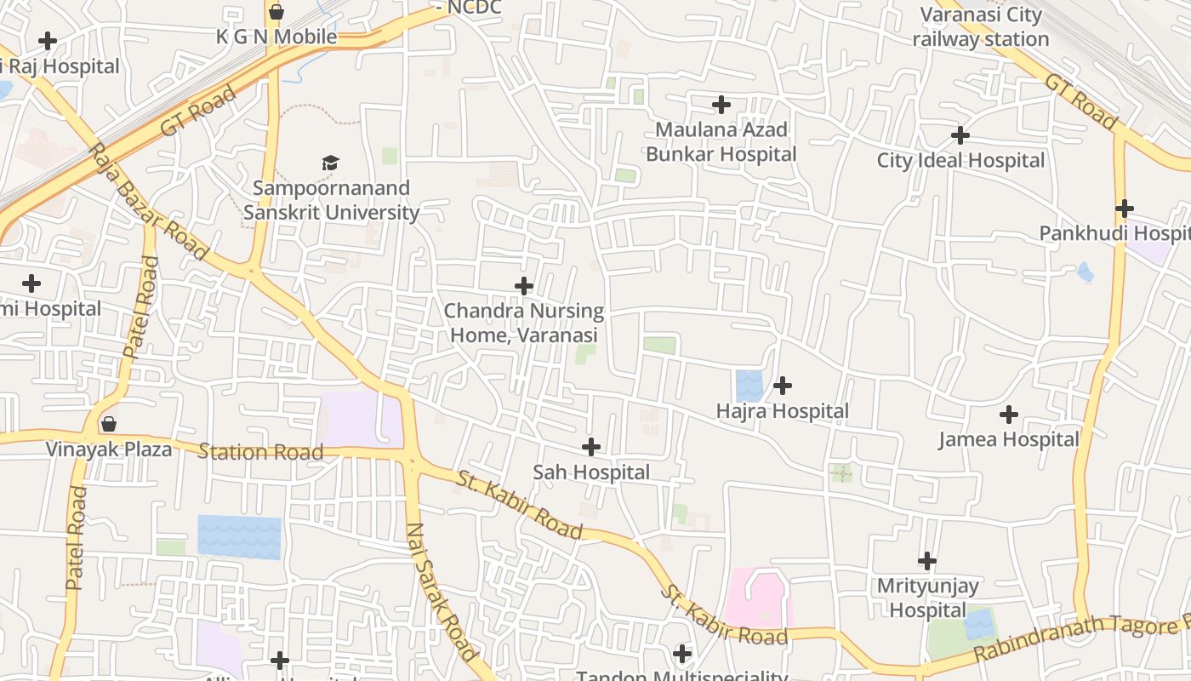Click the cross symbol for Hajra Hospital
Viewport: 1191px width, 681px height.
pos(782,386)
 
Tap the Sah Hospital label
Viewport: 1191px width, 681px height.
pos(590,472)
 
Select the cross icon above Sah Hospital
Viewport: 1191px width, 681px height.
pos(590,446)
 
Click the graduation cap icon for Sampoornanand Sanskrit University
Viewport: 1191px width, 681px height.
pos(330,162)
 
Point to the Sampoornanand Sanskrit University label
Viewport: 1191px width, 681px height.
pos(331,200)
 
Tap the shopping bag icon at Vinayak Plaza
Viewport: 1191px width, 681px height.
pos(109,423)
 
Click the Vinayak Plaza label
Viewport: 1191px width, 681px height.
pos(109,449)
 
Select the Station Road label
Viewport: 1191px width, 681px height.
pos(260,451)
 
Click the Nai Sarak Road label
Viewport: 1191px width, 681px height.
pos(441,592)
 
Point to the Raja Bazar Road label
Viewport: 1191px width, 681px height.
pos(148,202)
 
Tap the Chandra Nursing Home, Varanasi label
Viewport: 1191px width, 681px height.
pos(524,323)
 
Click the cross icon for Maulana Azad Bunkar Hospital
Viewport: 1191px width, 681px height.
pos(721,105)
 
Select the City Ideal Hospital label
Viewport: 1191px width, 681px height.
pos(960,160)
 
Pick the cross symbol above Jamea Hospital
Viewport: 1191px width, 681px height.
pos(1008,415)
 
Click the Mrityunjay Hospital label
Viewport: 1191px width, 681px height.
pos(927,598)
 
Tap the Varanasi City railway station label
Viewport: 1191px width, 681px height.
pos(981,26)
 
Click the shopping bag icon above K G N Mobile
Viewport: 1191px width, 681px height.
pos(276,12)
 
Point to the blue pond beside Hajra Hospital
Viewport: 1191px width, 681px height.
pos(749,386)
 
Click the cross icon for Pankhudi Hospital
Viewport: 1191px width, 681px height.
pos(1124,208)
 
